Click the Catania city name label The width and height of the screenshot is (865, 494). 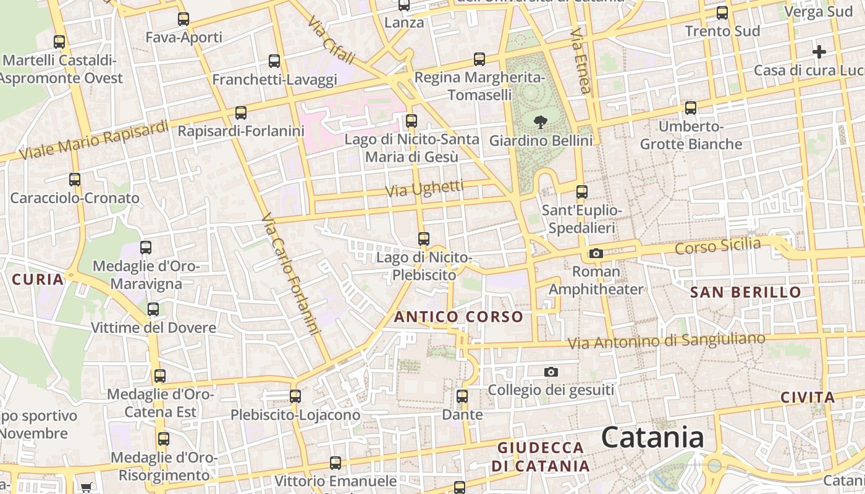(x=652, y=438)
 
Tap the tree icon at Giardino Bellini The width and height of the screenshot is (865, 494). (x=540, y=122)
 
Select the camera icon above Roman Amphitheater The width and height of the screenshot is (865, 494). (x=596, y=253)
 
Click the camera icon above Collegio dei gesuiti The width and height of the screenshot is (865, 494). (x=551, y=372)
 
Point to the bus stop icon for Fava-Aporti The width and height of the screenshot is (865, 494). (x=184, y=19)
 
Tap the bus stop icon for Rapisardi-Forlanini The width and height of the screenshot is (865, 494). (x=241, y=113)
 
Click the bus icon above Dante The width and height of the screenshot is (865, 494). (x=462, y=396)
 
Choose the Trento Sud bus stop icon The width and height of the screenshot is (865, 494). (x=722, y=13)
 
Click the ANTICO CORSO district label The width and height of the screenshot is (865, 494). (x=458, y=317)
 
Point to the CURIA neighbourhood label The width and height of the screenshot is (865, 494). (x=38, y=279)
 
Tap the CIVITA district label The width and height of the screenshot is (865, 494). (x=808, y=397)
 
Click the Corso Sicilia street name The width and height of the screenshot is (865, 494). (x=717, y=246)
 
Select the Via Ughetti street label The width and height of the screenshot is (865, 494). (x=424, y=189)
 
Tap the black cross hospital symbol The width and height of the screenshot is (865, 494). (x=819, y=52)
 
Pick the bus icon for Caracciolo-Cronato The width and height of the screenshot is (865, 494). (x=75, y=180)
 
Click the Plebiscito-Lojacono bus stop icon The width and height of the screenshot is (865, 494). (x=295, y=396)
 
